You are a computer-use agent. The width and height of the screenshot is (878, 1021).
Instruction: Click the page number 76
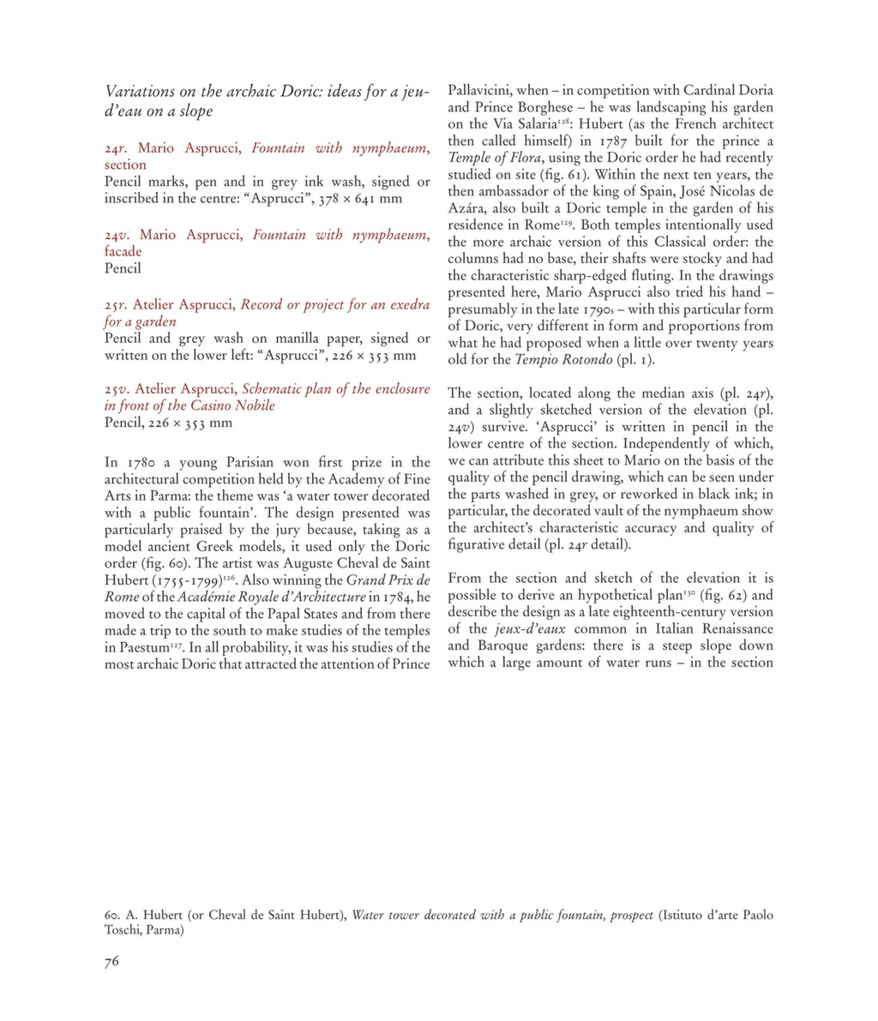point(111,961)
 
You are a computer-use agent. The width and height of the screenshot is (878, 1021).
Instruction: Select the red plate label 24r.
point(117,148)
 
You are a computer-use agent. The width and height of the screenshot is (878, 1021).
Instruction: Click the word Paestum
point(136,648)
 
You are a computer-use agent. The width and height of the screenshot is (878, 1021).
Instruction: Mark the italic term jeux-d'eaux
point(524,629)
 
